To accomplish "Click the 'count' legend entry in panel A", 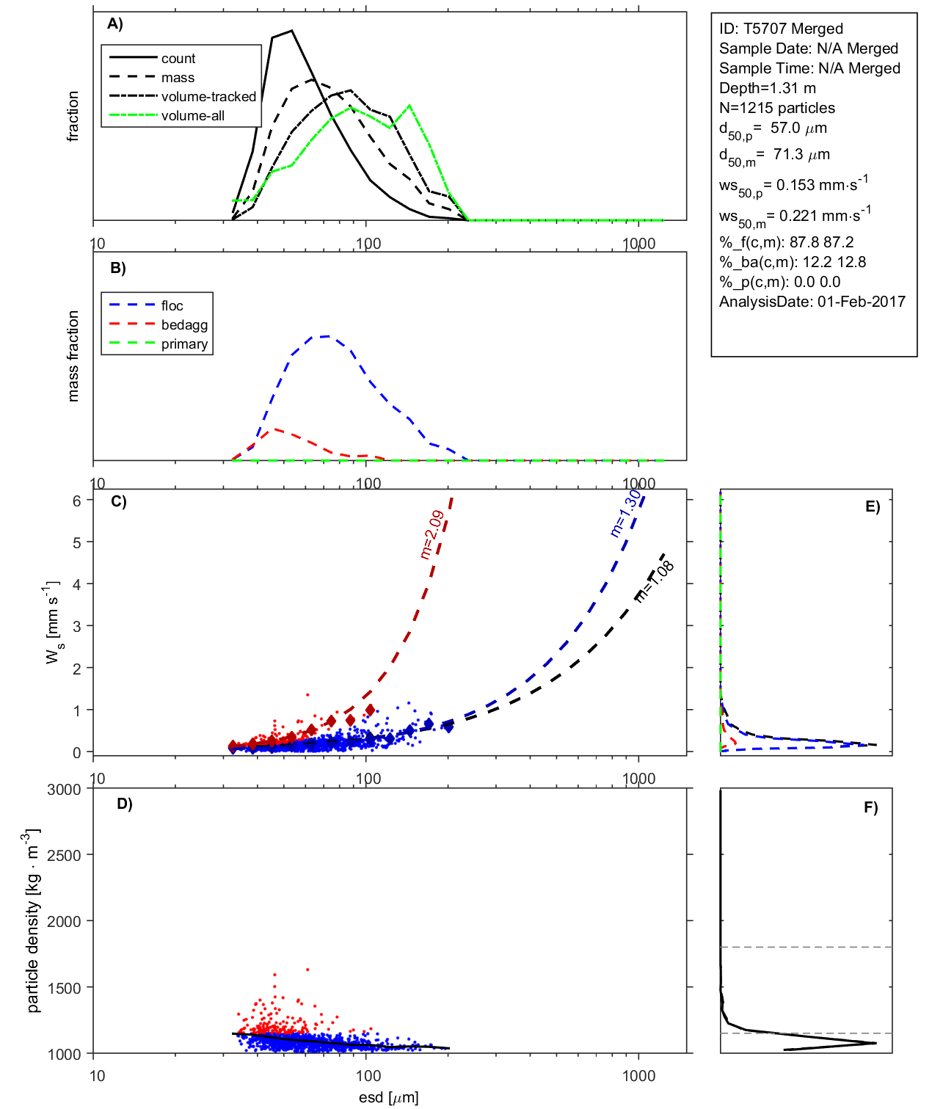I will [x=178, y=59].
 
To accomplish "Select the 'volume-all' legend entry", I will [x=193, y=116].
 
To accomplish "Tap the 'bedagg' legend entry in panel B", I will [x=184, y=325].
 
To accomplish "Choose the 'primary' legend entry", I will [x=184, y=344].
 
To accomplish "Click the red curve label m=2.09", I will [x=432, y=534].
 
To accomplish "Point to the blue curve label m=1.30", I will [x=625, y=513].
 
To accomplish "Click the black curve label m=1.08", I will [x=654, y=582].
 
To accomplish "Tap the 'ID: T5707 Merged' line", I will [x=781, y=29].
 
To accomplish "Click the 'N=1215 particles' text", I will [x=776, y=108].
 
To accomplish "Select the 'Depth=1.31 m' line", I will [x=767, y=88].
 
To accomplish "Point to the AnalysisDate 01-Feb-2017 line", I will [x=812, y=302].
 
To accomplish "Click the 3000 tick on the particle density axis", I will [x=64, y=790].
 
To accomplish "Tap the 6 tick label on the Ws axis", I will [x=76, y=501].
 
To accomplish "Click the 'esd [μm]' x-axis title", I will [x=388, y=1097].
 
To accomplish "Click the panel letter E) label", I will [x=872, y=506].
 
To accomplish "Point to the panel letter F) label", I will [x=870, y=807].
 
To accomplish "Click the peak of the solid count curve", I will [x=292, y=31].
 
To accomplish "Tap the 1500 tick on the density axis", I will [x=64, y=988].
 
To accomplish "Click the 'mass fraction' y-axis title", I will [x=73, y=356].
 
